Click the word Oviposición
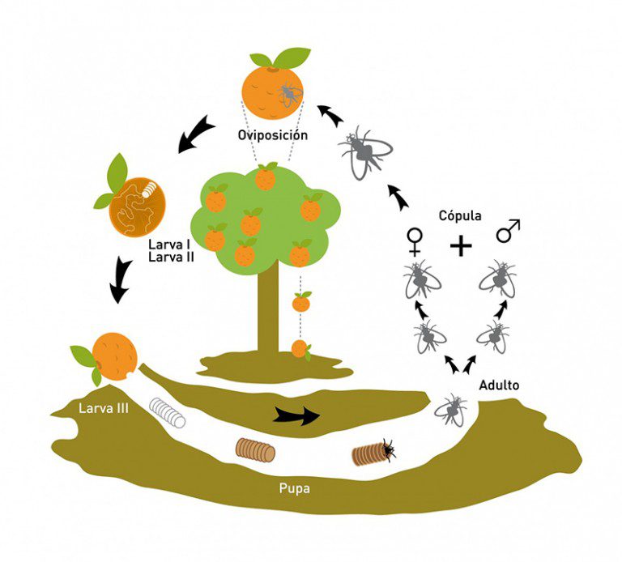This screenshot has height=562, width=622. pyautogui.click(x=273, y=134)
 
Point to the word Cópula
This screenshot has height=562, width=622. pyautogui.click(x=460, y=216)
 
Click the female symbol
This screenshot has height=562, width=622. pyautogui.click(x=415, y=241)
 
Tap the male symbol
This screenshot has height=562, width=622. pyautogui.click(x=508, y=232)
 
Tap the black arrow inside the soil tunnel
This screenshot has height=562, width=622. pyautogui.click(x=296, y=415)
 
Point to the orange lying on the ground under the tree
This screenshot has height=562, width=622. pyautogui.click(x=300, y=349)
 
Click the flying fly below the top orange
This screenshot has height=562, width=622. pyautogui.click(x=364, y=151)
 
